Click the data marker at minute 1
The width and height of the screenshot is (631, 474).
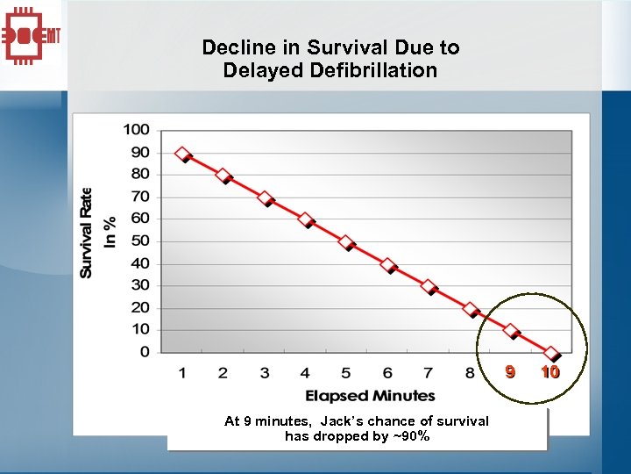(182, 154)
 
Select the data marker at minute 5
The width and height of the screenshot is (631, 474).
(346, 242)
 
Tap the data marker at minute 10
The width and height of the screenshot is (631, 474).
(551, 353)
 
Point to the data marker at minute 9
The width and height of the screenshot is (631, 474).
(510, 331)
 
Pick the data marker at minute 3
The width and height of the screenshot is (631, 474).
(264, 198)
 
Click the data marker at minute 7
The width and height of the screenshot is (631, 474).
(429, 286)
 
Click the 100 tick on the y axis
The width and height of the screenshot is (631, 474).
(136, 130)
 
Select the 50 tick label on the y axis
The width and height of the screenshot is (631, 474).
(139, 241)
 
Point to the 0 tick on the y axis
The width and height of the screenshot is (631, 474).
(144, 352)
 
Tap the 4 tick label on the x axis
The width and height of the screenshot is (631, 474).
(305, 373)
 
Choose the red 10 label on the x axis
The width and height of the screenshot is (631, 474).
(550, 372)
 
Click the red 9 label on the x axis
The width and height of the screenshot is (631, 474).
(509, 372)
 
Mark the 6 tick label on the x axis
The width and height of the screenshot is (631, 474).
(387, 373)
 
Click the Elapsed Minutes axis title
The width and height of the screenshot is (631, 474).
(370, 396)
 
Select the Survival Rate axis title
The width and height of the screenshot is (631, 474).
(87, 232)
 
